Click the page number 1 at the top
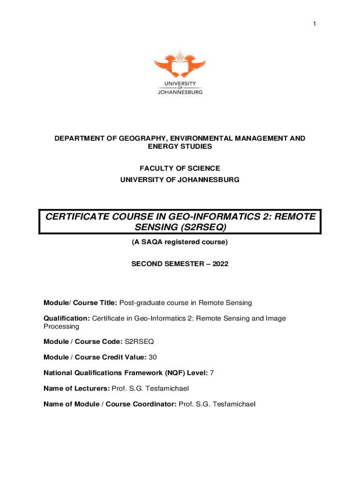315,23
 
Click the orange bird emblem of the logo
180,65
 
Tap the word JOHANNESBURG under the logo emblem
180,92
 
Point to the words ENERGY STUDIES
180,146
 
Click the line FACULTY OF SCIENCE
180,168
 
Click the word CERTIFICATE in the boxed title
76,217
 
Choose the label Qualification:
66,319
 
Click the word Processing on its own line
61,327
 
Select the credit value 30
152,357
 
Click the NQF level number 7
212,373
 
